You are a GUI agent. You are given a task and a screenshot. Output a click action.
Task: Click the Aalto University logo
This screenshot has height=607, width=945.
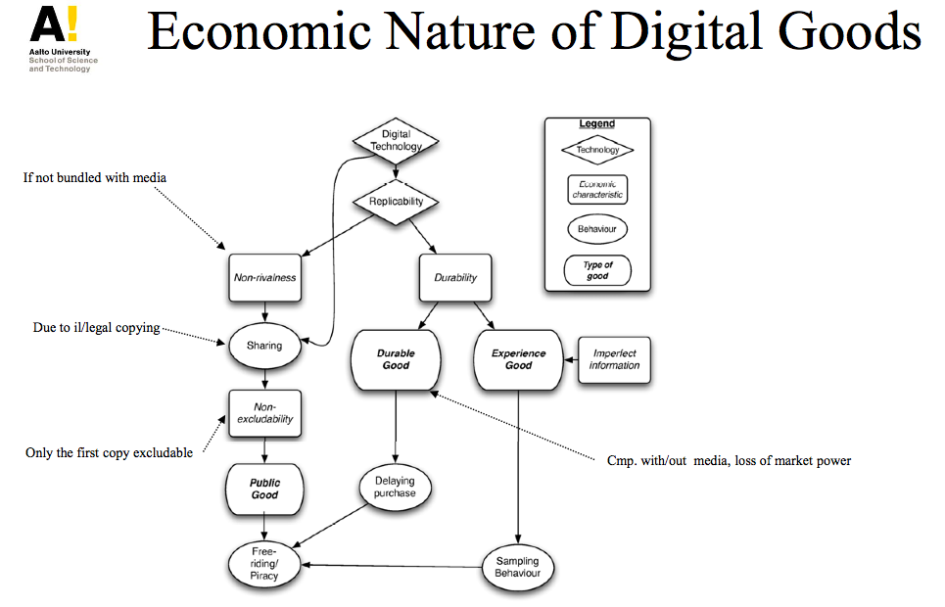pyautogui.click(x=60, y=38)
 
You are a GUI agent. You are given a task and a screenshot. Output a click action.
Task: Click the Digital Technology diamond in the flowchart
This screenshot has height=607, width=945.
pyautogui.click(x=396, y=141)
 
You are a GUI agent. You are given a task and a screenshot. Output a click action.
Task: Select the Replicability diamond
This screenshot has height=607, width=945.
pyautogui.click(x=396, y=202)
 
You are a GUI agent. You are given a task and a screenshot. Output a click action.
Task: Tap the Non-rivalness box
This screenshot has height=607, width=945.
pyautogui.click(x=264, y=277)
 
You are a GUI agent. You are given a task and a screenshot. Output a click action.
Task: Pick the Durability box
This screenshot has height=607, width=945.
pyautogui.click(x=455, y=277)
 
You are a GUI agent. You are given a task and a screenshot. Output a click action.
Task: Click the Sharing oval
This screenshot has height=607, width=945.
pyautogui.click(x=264, y=346)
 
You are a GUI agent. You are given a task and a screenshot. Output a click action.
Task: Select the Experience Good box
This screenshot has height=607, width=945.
pyautogui.click(x=518, y=359)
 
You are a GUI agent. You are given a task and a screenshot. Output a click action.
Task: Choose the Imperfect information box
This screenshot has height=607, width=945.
pyautogui.click(x=615, y=359)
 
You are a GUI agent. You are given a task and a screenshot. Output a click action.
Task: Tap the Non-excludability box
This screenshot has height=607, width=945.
pyautogui.click(x=264, y=413)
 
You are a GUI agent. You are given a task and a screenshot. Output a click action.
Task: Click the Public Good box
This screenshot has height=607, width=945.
pyautogui.click(x=264, y=489)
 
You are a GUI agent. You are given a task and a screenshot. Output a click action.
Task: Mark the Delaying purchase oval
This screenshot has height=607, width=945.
pyautogui.click(x=396, y=487)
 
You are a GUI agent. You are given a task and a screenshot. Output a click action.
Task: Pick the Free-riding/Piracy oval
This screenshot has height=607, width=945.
pyautogui.click(x=264, y=564)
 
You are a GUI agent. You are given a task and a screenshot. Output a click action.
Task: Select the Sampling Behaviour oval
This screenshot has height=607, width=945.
pyautogui.click(x=518, y=567)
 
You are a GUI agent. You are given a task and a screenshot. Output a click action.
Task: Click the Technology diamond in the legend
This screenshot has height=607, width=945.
pyautogui.click(x=597, y=150)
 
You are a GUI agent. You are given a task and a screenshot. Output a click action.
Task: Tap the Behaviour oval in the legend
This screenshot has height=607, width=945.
pyautogui.click(x=597, y=229)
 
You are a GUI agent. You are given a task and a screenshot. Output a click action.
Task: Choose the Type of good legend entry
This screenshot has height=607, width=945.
pyautogui.click(x=597, y=271)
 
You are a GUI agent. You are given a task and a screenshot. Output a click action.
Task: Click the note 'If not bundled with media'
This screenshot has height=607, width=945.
pyautogui.click(x=95, y=178)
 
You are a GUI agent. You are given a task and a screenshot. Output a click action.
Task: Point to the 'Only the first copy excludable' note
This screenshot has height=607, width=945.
pyautogui.click(x=109, y=453)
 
